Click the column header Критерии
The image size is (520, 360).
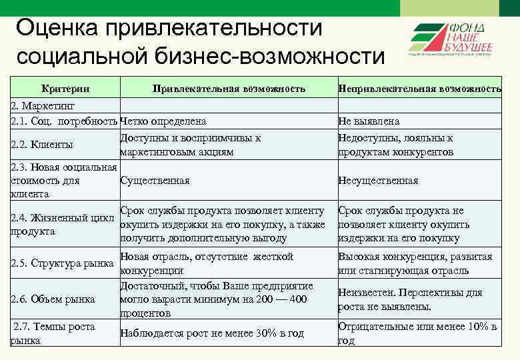click(x=65, y=88)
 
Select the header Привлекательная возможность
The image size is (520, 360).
click(x=229, y=88)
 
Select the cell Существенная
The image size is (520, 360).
click(x=155, y=181)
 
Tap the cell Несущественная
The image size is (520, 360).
click(x=378, y=181)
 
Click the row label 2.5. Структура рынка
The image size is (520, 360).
click(x=63, y=263)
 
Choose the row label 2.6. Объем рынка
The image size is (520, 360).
click(x=53, y=299)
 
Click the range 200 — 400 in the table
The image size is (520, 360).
click(x=281, y=299)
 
